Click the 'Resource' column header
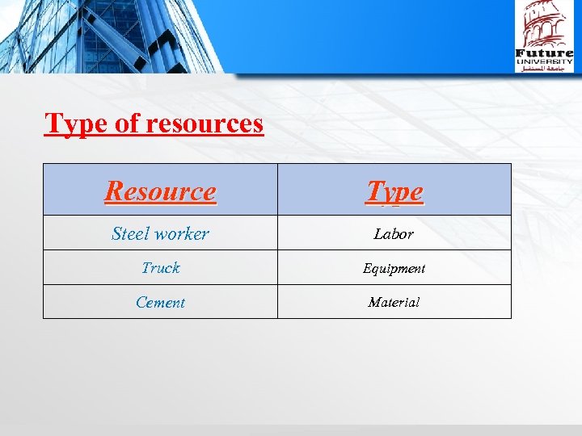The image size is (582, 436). click(x=160, y=191)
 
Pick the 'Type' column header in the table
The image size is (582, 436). click(x=394, y=191)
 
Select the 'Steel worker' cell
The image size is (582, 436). click(x=160, y=234)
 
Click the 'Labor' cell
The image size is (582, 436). click(x=394, y=234)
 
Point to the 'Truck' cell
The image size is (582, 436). click(x=160, y=268)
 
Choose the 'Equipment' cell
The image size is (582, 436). click(x=394, y=268)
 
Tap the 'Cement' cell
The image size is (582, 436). click(x=160, y=303)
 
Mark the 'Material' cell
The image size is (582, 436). click(x=394, y=303)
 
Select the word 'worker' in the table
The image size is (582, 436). click(x=181, y=234)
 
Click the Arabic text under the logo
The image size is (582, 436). click(x=544, y=69)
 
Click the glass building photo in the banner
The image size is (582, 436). click(x=113, y=36)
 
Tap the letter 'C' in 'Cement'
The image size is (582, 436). click(x=140, y=303)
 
